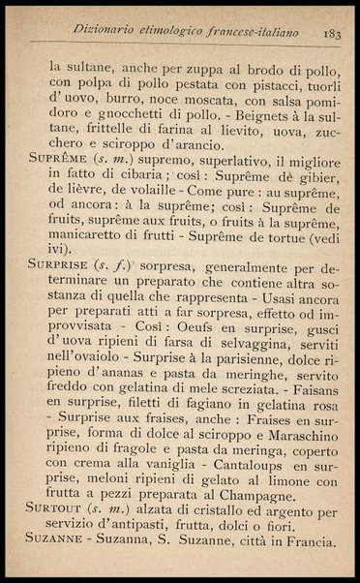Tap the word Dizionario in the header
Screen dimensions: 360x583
click(94, 36)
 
